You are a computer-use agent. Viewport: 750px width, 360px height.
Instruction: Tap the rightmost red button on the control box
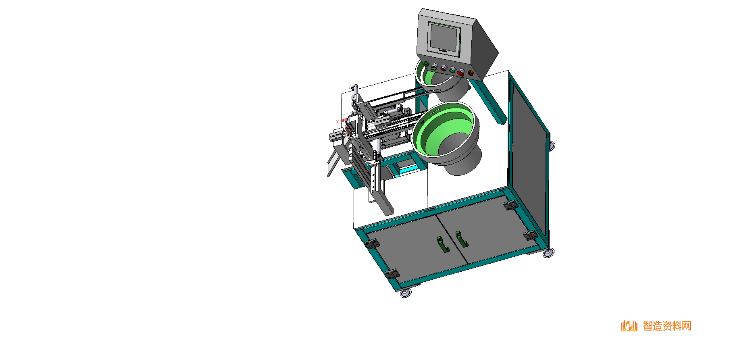coord(471,73)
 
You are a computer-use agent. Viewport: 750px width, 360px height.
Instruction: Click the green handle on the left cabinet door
coord(442,245)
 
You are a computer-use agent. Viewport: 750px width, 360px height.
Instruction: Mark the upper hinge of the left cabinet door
coord(372,243)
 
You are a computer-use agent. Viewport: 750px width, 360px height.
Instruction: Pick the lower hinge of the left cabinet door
coord(392,274)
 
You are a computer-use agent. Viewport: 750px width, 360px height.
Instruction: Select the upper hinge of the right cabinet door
coord(510,206)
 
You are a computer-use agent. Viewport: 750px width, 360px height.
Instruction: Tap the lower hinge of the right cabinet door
coord(530,235)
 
